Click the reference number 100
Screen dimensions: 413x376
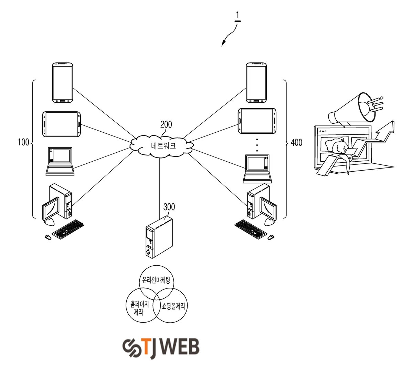[23, 142]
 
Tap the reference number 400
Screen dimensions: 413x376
[296, 143]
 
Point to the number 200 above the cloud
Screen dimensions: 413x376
[166, 124]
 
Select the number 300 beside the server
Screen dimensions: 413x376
[169, 207]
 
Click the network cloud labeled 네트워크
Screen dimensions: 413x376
[162, 146]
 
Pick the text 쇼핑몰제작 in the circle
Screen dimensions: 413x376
[173, 306]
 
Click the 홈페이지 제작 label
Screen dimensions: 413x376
[140, 308]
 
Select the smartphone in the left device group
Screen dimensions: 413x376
[63, 83]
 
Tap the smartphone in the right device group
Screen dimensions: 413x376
[256, 83]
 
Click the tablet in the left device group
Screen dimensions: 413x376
[61, 124]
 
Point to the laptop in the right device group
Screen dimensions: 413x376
[257, 169]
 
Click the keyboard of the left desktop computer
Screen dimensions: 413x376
[68, 229]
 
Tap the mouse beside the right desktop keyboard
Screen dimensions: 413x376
[271, 237]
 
